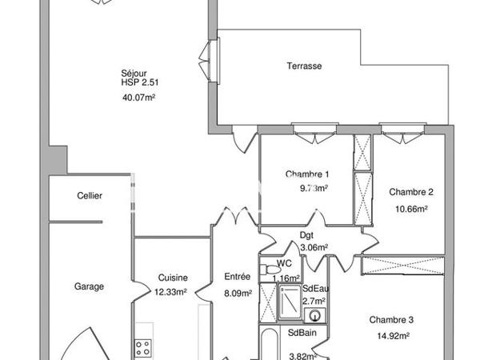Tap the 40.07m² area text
[x=138, y=98]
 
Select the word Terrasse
[x=305, y=66]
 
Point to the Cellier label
[x=90, y=196]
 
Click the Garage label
[x=89, y=286]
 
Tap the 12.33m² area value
[x=172, y=292]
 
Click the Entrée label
[x=238, y=277]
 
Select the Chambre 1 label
[x=307, y=174]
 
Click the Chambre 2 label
[x=411, y=192]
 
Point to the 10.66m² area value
[x=411, y=208]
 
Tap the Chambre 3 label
[x=391, y=320]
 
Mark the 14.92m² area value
[x=391, y=336]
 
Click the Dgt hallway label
[x=306, y=235]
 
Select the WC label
[x=284, y=263]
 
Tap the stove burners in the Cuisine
[x=144, y=347]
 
